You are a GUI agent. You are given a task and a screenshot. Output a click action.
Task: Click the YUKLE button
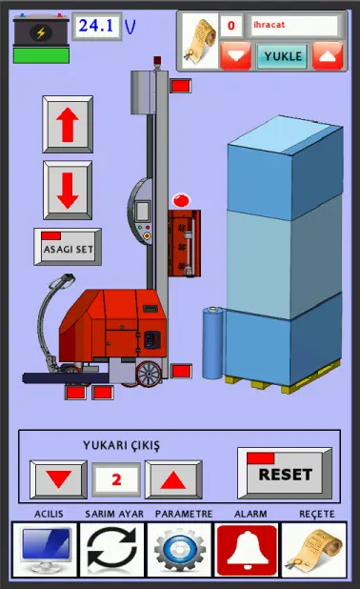pyautogui.click(x=282, y=56)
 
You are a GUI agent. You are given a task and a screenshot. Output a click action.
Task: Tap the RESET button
pyautogui.click(x=285, y=473)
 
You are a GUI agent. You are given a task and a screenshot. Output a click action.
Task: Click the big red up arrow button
pyautogui.click(x=68, y=124)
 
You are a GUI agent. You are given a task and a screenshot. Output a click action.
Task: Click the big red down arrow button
pyautogui.click(x=68, y=190)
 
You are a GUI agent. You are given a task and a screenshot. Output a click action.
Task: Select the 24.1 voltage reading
pyautogui.click(x=97, y=26)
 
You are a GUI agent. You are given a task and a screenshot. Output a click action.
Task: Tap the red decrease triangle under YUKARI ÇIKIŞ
pyautogui.click(x=58, y=479)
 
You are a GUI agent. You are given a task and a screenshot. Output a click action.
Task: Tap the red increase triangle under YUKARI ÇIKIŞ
pyautogui.click(x=173, y=479)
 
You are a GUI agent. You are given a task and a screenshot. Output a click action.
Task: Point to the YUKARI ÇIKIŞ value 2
pyautogui.click(x=116, y=479)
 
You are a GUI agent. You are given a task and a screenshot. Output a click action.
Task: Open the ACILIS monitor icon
pyautogui.click(x=45, y=549)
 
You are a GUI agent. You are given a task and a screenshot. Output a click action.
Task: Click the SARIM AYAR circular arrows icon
pyautogui.click(x=111, y=549)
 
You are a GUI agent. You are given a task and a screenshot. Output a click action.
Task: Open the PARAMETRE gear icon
pyautogui.click(x=179, y=549)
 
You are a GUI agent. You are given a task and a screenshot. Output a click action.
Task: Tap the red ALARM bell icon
pyautogui.click(x=247, y=549)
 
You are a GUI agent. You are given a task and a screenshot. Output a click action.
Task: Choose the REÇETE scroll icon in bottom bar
pyautogui.click(x=314, y=549)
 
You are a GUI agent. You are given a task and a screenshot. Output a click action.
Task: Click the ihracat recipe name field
pyautogui.click(x=294, y=25)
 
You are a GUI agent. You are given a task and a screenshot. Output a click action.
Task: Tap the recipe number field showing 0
pyautogui.click(x=230, y=26)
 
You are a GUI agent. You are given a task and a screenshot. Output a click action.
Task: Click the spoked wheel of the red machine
pyautogui.click(x=150, y=375)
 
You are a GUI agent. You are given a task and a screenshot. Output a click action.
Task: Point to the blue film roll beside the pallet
pyautogui.click(x=212, y=342)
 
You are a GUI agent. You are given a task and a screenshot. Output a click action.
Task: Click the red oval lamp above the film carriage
pyautogui.click(x=181, y=200)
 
